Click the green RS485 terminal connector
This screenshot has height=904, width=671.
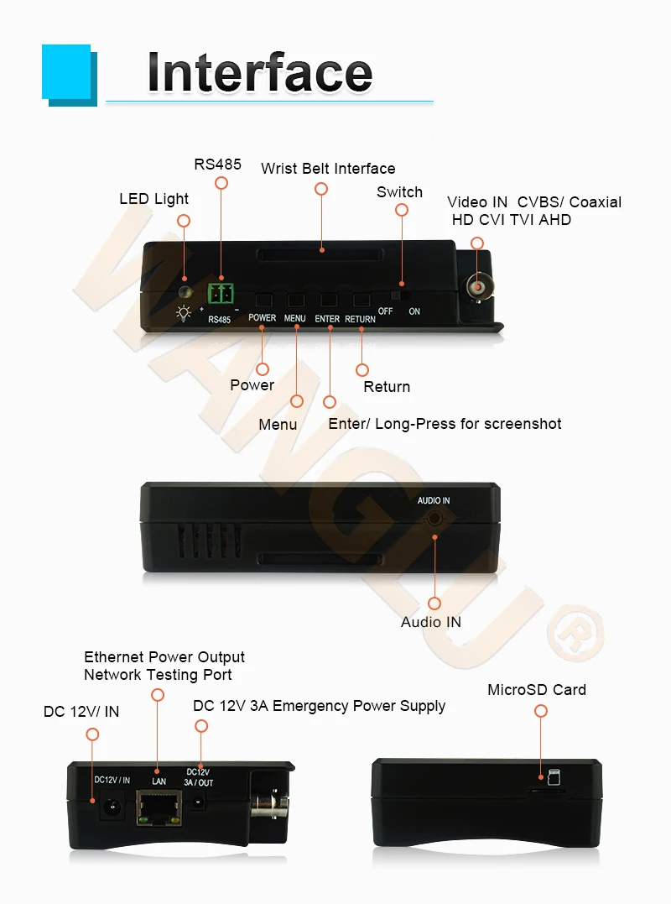click(x=221, y=293)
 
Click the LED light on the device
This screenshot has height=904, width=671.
click(x=185, y=293)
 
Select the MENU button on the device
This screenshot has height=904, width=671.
click(x=295, y=300)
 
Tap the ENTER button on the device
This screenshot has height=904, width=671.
click(x=328, y=300)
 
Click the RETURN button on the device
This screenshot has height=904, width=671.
click(x=362, y=300)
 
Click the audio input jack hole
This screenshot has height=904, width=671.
click(x=434, y=517)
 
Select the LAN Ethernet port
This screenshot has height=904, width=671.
click(x=158, y=807)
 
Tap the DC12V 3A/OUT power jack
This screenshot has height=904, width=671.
click(x=200, y=802)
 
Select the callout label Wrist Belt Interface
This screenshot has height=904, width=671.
click(x=328, y=169)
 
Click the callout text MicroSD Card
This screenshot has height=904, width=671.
click(x=537, y=690)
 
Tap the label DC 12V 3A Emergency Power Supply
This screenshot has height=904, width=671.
click(x=319, y=706)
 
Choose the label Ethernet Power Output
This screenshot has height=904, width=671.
click(x=164, y=657)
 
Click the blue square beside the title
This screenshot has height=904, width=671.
click(x=67, y=74)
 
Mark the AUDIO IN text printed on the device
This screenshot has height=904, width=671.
click(x=434, y=501)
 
